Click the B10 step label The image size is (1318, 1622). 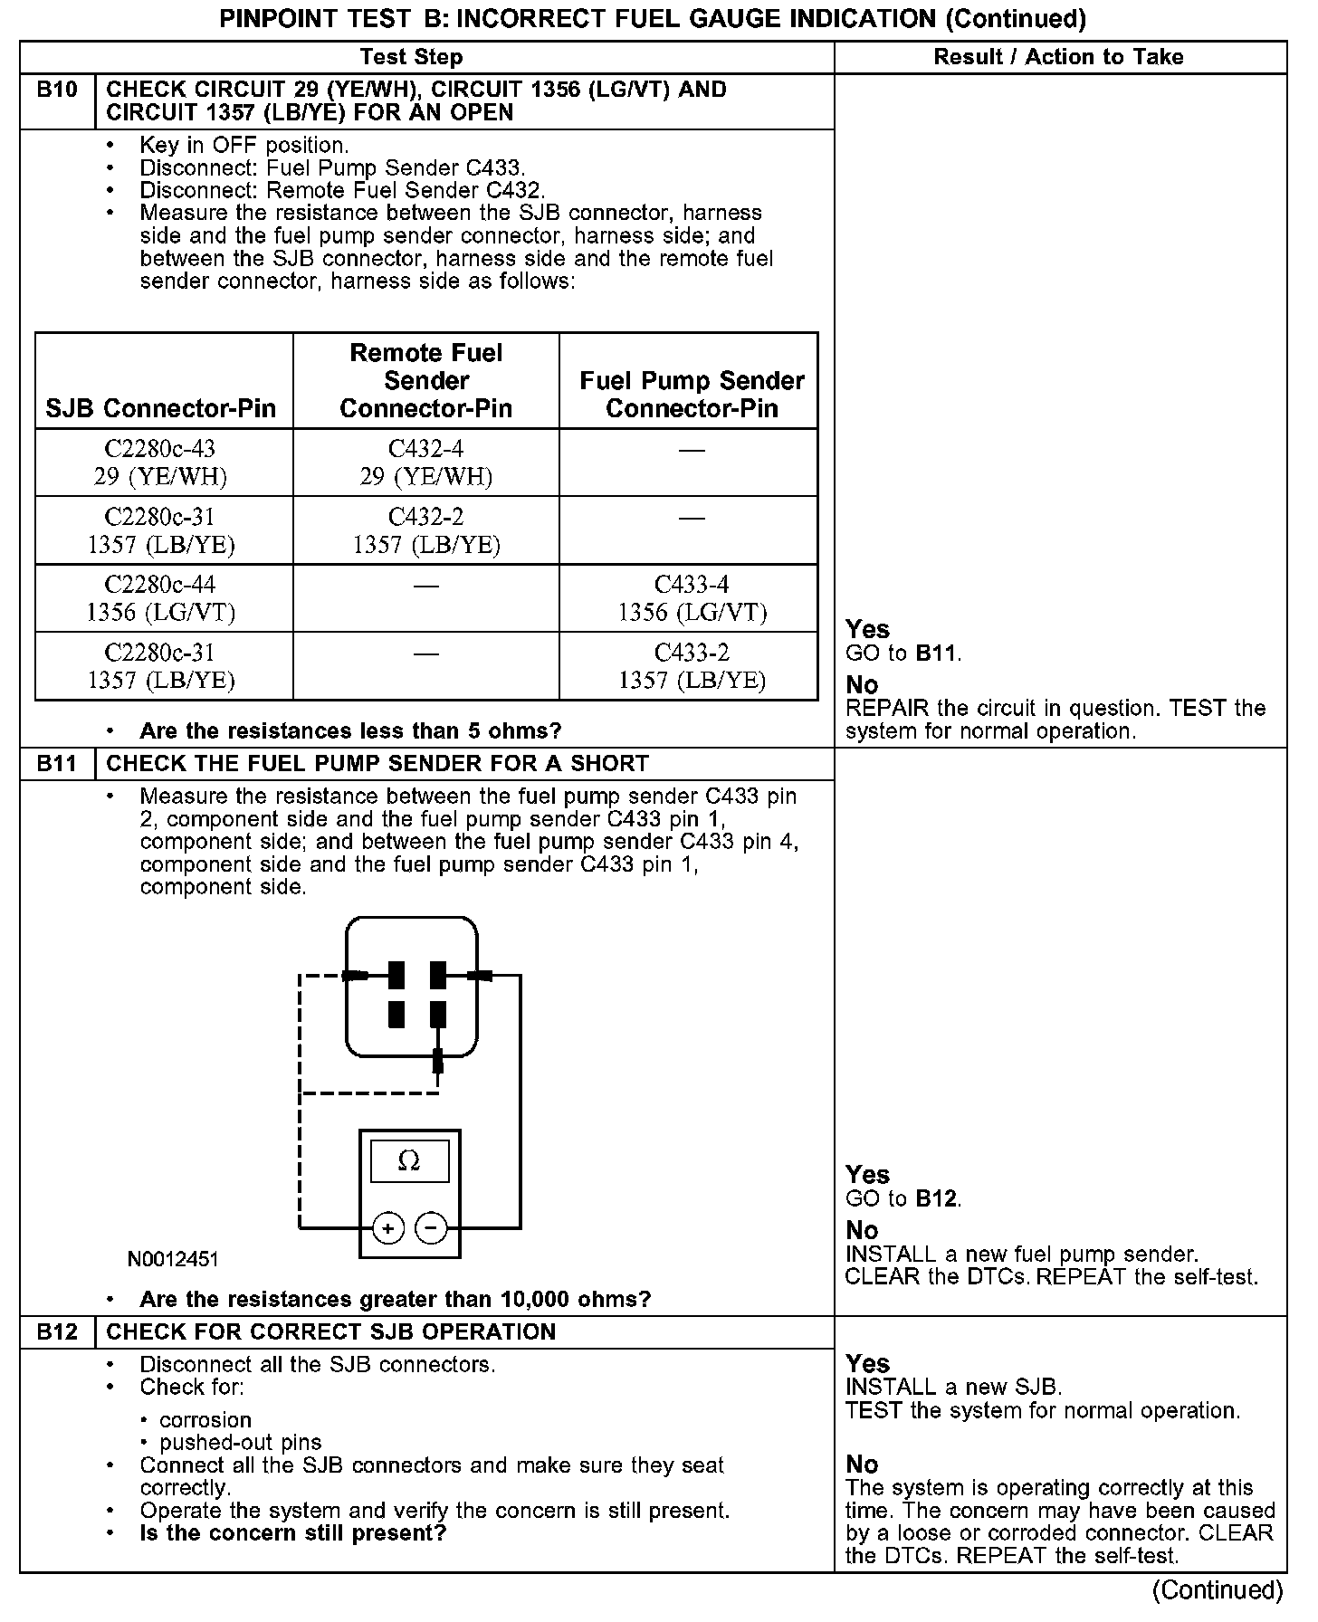pyautogui.click(x=57, y=90)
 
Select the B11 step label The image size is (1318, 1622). pyautogui.click(x=57, y=763)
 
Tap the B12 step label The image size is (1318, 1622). pyautogui.click(x=57, y=1331)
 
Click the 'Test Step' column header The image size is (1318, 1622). pyautogui.click(x=411, y=57)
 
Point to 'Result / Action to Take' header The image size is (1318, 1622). pyautogui.click(x=1058, y=57)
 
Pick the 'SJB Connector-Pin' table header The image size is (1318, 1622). pyautogui.click(x=161, y=408)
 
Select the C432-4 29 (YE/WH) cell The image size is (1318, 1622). pyautogui.click(x=425, y=462)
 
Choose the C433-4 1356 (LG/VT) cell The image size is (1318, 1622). pyautogui.click(x=692, y=597)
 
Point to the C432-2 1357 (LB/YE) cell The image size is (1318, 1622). pyautogui.click(x=425, y=530)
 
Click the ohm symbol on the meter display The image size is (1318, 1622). pyautogui.click(x=409, y=1161)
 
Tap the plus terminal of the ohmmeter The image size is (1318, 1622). pyautogui.click(x=388, y=1228)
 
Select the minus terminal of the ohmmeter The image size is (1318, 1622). pyautogui.click(x=431, y=1228)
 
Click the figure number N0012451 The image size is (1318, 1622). pyautogui.click(x=173, y=1259)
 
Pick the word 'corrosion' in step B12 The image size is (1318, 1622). pyautogui.click(x=205, y=1419)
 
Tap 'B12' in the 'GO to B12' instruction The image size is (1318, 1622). pyautogui.click(x=936, y=1198)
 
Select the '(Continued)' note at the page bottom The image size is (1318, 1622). pyautogui.click(x=1218, y=1590)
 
